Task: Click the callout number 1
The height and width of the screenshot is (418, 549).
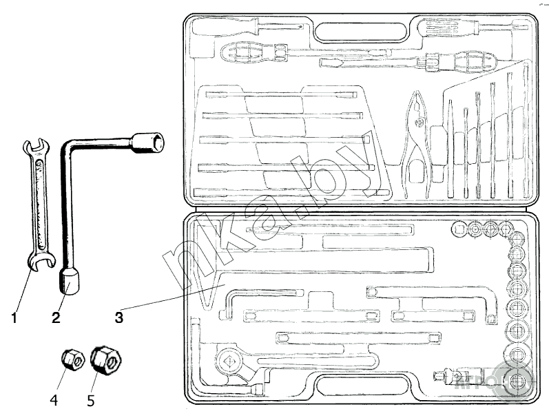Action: coord(14,317)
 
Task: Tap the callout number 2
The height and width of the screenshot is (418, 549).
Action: coord(56,317)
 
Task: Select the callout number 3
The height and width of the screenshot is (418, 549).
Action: coord(119,317)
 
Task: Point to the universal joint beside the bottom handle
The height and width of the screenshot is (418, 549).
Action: coord(449,376)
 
